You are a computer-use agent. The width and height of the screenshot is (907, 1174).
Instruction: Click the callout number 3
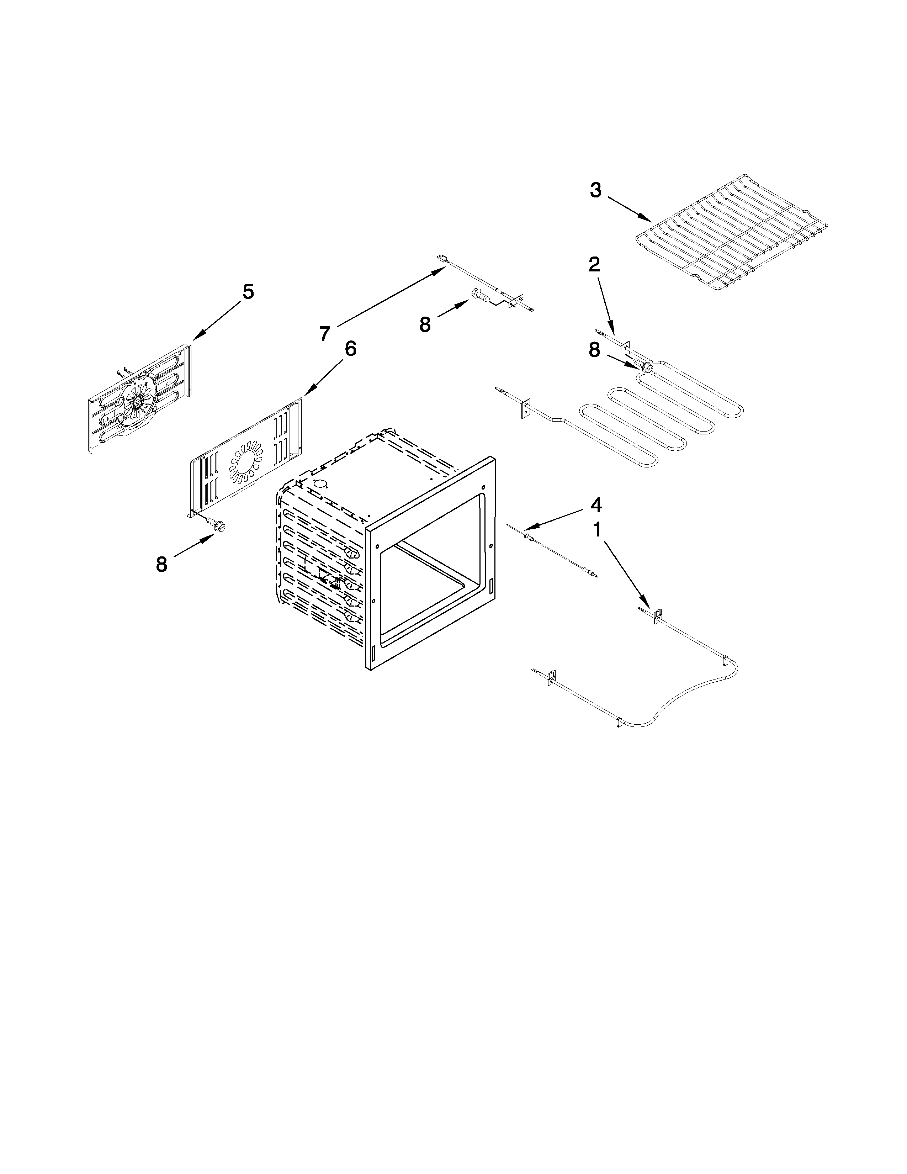click(595, 190)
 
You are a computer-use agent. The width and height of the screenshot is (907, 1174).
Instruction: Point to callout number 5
click(248, 292)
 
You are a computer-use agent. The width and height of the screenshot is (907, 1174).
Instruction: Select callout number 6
click(350, 349)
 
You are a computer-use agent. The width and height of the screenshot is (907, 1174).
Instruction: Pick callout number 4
click(596, 505)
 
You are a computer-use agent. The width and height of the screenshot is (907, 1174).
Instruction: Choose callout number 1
click(596, 530)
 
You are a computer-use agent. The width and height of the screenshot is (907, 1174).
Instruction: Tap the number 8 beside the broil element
click(594, 350)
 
